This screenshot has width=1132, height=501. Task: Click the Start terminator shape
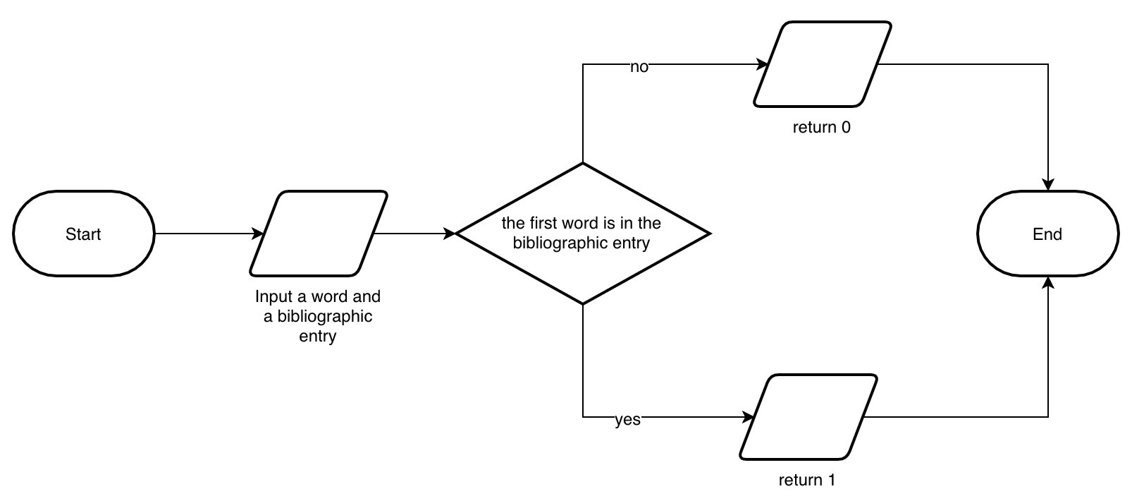[83, 234]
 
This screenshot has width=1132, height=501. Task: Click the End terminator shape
[1047, 234]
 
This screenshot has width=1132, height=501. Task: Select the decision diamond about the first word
[582, 234]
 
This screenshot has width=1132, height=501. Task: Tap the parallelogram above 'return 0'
[822, 64]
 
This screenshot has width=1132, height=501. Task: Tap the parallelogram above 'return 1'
[808, 417]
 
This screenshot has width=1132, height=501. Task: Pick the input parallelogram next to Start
[318, 234]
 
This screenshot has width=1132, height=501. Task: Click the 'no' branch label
[639, 67]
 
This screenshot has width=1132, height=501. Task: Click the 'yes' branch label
[627, 420]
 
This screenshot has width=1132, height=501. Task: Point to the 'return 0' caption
[821, 128]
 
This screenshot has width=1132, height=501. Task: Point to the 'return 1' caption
[806, 481]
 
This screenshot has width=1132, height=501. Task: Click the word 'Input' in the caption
[270, 296]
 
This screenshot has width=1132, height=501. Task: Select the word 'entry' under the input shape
[317, 336]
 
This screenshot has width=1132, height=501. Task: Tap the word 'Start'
[83, 234]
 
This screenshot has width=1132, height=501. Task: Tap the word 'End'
[1047, 234]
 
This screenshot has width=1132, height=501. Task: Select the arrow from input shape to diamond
[416, 234]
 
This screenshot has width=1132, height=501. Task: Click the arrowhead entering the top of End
[1048, 185]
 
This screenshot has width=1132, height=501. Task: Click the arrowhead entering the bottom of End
[1048, 282]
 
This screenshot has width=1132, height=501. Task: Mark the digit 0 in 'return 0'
[846, 128]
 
